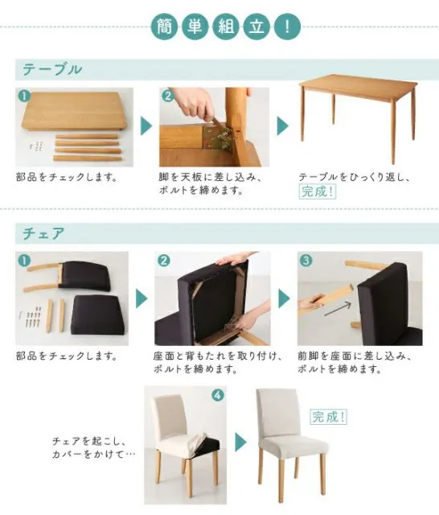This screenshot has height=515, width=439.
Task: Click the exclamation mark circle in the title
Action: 287,27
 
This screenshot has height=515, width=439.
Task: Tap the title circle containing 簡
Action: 164,27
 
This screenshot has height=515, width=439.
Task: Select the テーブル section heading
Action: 52,70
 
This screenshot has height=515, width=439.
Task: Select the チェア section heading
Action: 43,233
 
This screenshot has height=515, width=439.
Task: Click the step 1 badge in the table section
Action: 25,97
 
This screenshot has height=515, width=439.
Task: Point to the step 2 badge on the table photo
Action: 168,97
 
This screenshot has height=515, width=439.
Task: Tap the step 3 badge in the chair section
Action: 306,261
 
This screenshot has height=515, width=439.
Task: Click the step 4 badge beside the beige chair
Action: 219,395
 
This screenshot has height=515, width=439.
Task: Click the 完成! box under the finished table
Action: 318,192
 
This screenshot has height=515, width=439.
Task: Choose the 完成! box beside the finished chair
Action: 328,417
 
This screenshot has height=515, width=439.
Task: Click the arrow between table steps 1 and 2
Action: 146,126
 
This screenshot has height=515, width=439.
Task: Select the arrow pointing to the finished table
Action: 283,126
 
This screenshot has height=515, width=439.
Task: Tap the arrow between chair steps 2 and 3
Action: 284,299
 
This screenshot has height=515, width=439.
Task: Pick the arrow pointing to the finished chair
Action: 240,442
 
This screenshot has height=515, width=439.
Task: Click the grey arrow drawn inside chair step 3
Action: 338,309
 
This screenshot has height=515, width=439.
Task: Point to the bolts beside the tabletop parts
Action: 36,146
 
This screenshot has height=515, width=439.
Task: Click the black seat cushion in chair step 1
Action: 98,315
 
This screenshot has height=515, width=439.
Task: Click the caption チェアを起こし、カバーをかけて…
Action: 93,447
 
